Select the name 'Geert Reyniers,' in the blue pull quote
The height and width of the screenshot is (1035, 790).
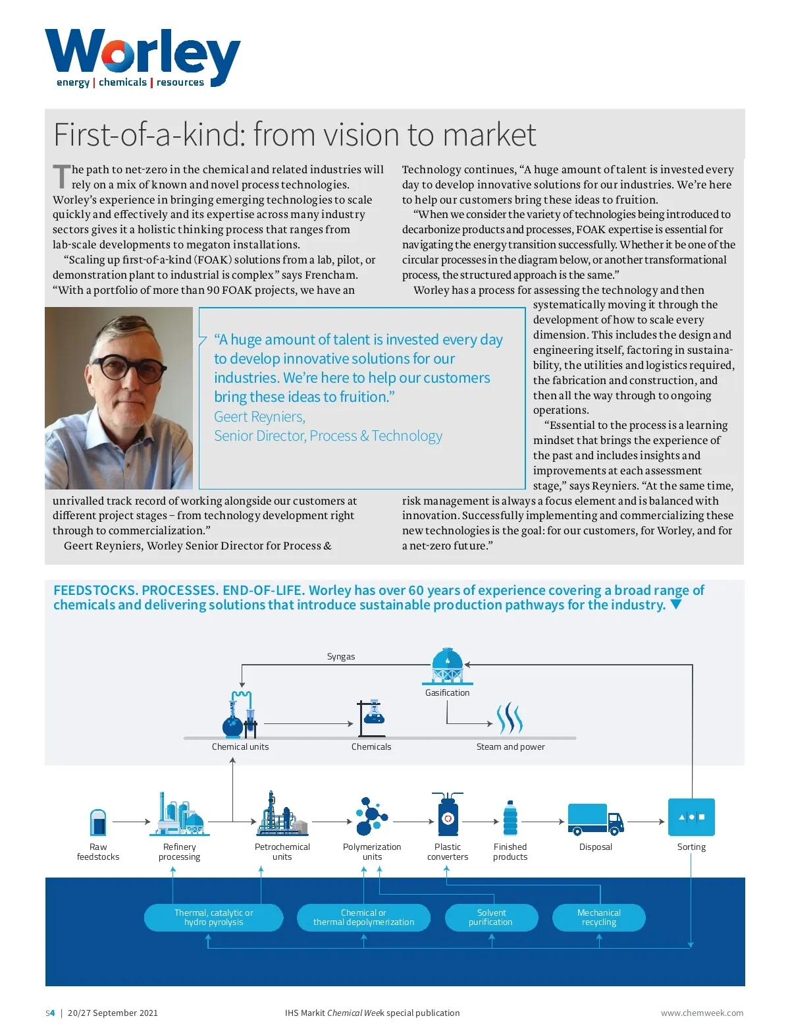[x=259, y=417]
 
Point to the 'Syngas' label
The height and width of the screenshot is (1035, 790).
[x=341, y=657]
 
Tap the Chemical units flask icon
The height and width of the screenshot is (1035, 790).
[x=240, y=715]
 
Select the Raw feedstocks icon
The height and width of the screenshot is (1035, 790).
[x=98, y=823]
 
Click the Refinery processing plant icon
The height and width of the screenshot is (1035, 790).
[x=179, y=816]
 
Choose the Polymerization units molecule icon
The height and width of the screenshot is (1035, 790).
[x=371, y=817]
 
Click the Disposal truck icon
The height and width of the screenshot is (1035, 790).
[x=595, y=820]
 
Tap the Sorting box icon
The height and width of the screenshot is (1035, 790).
[x=691, y=817]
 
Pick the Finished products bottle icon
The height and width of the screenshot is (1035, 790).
[x=510, y=819]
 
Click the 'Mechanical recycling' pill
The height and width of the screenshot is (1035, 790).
[x=598, y=918]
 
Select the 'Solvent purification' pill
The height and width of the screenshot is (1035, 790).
[x=491, y=918]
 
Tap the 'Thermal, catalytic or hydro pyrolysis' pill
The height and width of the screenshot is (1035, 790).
[x=213, y=918]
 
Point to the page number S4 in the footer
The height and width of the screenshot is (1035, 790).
[x=50, y=1013]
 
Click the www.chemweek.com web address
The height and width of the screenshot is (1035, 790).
[x=702, y=1013]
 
